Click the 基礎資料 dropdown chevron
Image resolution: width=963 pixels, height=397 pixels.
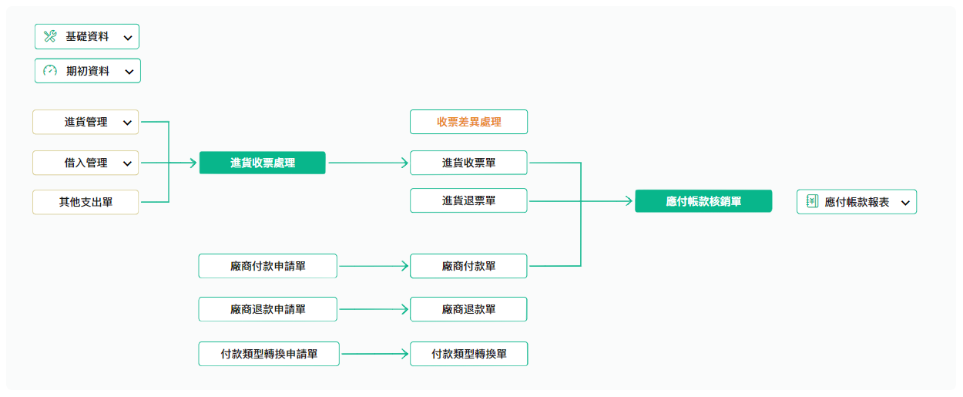coord(128,38)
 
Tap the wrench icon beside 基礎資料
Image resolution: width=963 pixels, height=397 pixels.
coord(50,36)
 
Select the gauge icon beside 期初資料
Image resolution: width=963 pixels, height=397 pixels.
coord(50,71)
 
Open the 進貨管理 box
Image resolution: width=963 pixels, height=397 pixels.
coord(86,122)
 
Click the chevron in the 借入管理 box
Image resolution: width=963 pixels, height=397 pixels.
coord(127,163)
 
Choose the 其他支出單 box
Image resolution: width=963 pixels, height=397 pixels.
coord(86,202)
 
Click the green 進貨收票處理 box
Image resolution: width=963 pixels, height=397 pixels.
coord(262,163)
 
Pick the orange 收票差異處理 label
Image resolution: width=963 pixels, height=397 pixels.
coord(469,122)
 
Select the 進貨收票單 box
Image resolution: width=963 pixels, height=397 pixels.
coord(468,163)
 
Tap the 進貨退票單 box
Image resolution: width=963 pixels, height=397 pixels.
coord(468,200)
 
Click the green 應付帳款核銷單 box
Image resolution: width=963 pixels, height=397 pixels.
coord(703,201)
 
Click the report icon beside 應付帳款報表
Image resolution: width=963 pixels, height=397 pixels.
coord(812,201)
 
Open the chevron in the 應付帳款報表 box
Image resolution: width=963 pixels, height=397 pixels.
coord(905,203)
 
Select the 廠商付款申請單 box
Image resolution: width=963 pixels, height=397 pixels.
coord(268,266)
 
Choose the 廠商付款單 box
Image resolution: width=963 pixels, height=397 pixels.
coord(468,266)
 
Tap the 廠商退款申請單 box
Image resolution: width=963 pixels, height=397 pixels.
coord(268,309)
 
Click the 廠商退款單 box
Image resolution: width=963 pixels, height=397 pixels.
coord(468,309)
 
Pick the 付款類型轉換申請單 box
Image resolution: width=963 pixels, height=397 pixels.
coord(269,354)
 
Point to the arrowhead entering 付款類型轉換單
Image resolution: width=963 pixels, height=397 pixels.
coord(405,354)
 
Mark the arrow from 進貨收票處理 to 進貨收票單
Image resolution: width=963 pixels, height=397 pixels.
coord(368,163)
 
